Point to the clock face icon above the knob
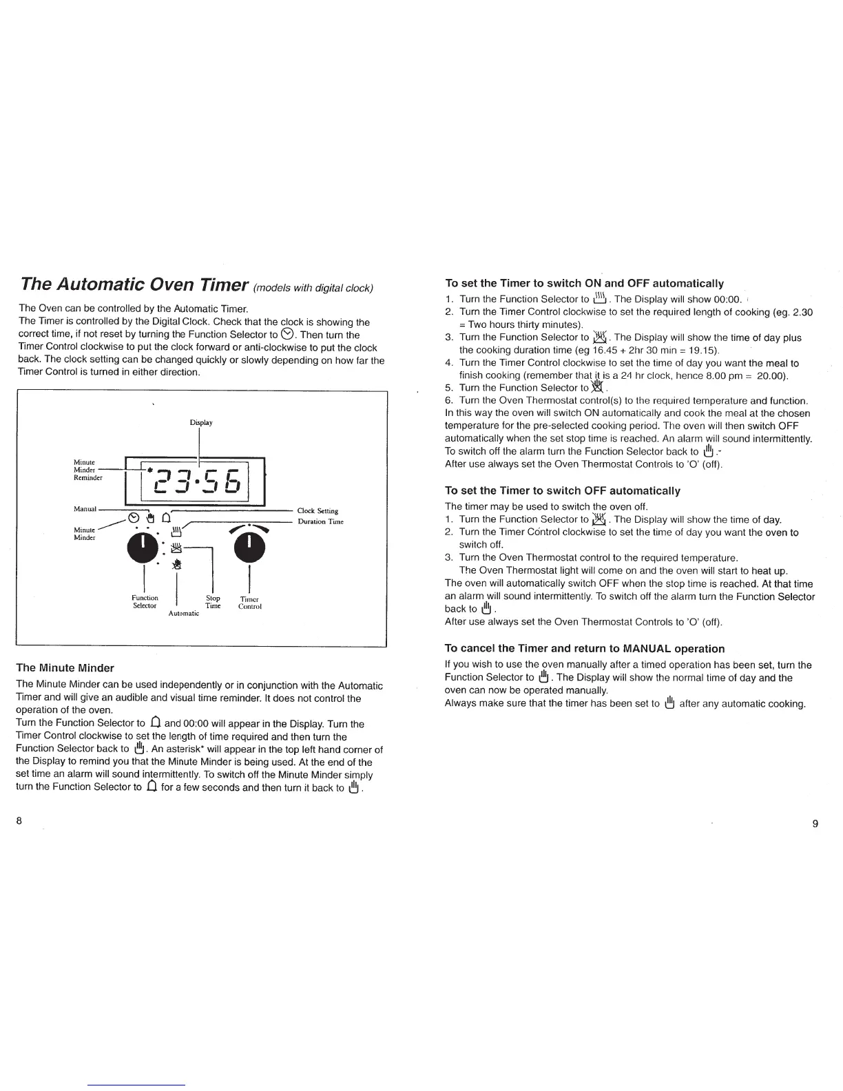click(x=134, y=519)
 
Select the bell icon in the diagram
click(x=165, y=519)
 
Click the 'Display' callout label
click(x=200, y=422)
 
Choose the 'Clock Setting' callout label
click(x=318, y=511)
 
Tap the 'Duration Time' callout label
click(x=320, y=521)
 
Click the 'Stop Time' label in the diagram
click(x=213, y=602)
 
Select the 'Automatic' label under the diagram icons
click(x=184, y=613)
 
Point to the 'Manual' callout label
click(x=85, y=509)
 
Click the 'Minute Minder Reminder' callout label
click(x=87, y=469)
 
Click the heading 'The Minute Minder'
click(x=65, y=667)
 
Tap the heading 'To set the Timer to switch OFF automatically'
click(x=562, y=490)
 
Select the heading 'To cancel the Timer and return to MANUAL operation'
click(x=585, y=648)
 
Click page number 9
click(x=815, y=824)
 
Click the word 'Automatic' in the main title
click(x=101, y=284)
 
